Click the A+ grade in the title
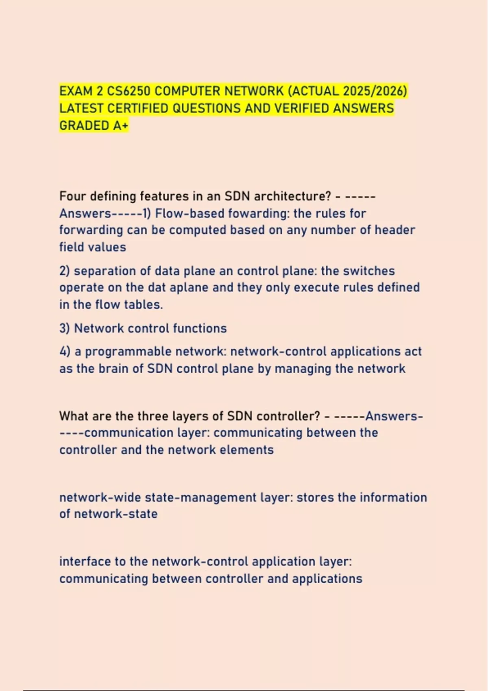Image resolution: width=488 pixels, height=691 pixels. pyautogui.click(x=120, y=126)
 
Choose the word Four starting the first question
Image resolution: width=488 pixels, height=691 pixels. pyautogui.click(x=73, y=196)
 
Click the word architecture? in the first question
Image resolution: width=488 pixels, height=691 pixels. pyautogui.click(x=293, y=196)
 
